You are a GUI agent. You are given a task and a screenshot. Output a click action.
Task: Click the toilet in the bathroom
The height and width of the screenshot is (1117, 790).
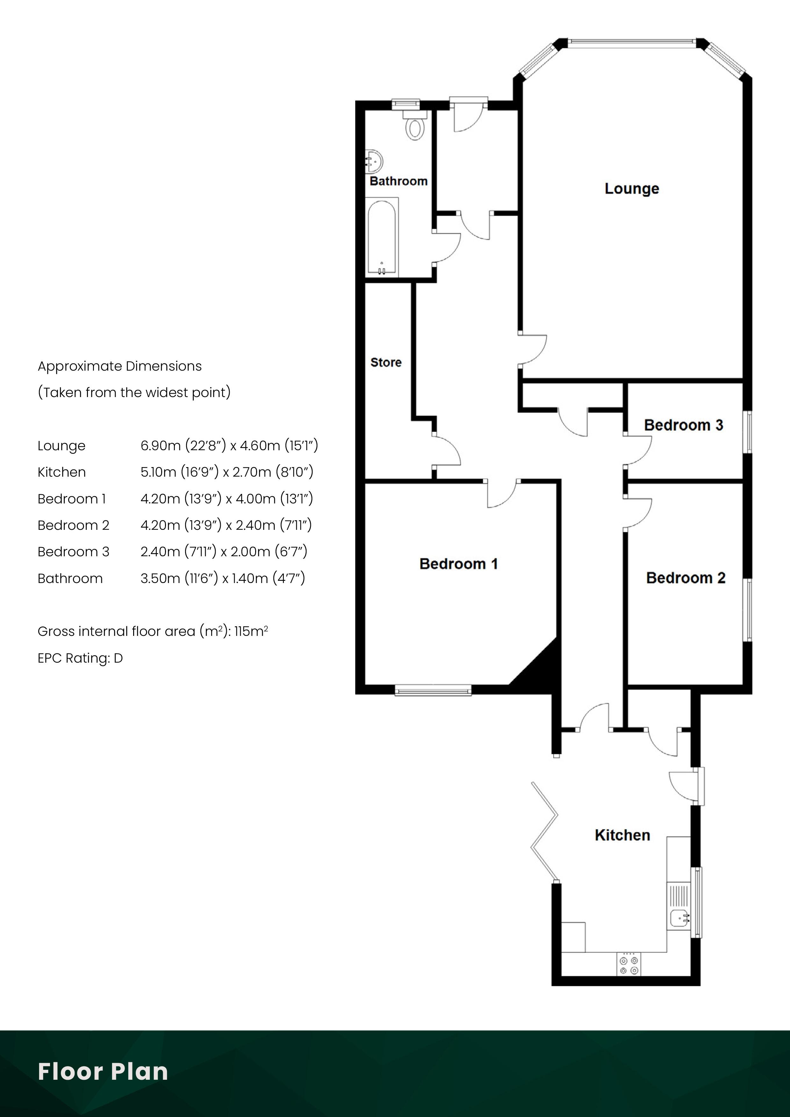415,125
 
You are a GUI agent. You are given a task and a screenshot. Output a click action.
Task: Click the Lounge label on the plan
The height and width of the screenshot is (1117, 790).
632,189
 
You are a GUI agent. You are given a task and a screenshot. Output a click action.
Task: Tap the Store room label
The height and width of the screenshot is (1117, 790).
386,362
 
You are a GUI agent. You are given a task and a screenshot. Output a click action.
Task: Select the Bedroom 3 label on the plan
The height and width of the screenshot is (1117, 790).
683,425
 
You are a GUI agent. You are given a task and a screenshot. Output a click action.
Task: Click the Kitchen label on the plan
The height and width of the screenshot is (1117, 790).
622,835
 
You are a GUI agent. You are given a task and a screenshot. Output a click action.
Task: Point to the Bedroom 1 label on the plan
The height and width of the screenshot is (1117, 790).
458,564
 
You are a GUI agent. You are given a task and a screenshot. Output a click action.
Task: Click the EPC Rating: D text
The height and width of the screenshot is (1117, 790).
80,658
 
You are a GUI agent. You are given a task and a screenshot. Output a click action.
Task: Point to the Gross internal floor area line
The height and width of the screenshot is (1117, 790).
153,631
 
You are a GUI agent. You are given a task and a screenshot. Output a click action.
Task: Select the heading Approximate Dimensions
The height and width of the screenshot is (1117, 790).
120,366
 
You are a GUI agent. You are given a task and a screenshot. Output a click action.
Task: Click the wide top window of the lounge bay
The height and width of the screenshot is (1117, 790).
632,42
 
